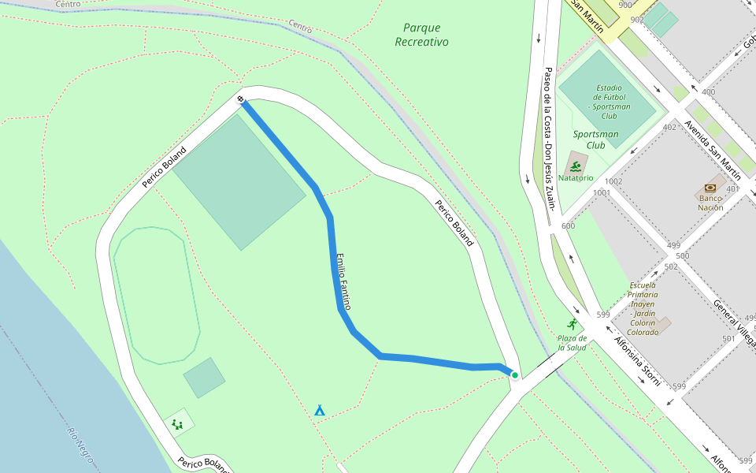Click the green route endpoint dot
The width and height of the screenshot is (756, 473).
click(514, 375)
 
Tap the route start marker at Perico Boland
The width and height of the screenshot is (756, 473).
click(240, 99)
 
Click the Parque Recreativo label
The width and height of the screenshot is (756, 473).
click(421, 35)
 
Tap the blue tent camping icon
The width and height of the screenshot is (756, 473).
click(320, 410)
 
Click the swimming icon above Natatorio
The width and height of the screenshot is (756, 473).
click(576, 166)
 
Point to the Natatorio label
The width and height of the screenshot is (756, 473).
click(576, 178)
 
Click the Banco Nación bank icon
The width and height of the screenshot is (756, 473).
click(710, 188)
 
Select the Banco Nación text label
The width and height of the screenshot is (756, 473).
click(710, 203)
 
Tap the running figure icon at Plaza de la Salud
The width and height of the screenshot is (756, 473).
click(572, 324)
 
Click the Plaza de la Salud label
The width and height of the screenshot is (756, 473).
click(573, 342)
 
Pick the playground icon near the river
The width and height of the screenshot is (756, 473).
click(178, 424)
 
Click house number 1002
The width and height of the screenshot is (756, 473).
click(613, 181)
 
